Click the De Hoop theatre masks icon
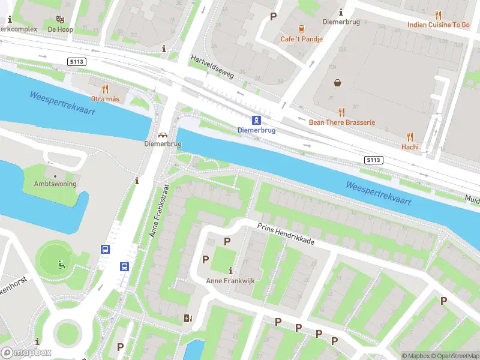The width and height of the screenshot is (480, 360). pyautogui.click(x=60, y=19)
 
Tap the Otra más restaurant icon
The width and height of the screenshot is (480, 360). pyautogui.click(x=105, y=89)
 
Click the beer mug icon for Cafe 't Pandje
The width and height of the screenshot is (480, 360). pyautogui.click(x=301, y=29)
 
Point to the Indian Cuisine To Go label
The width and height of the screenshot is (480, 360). pyautogui.click(x=439, y=25)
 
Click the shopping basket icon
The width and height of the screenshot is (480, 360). pyautogui.click(x=338, y=83)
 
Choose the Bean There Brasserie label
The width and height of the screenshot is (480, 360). pyautogui.click(x=341, y=122)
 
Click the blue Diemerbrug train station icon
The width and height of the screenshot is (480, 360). pyautogui.click(x=256, y=119)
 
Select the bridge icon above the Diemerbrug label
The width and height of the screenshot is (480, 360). pyautogui.click(x=163, y=134)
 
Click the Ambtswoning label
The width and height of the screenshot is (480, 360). pyautogui.click(x=55, y=184)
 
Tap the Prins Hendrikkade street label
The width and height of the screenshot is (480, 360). pyautogui.click(x=286, y=235)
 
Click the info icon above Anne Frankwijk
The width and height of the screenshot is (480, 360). pyautogui.click(x=231, y=271)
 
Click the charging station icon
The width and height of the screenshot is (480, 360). pyautogui.click(x=188, y=318)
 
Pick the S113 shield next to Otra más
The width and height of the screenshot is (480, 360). pyautogui.click(x=76, y=62)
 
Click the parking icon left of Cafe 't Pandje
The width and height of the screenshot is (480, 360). pyautogui.click(x=273, y=16)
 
